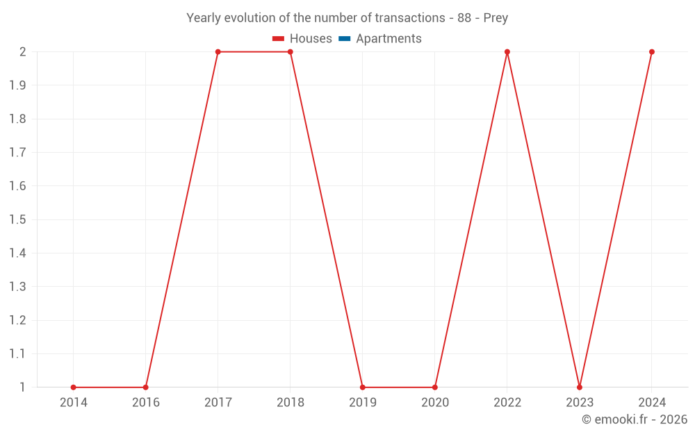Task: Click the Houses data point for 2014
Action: tap(73, 387)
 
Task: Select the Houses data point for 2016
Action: tap(145, 387)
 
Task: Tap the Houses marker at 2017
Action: tap(218, 52)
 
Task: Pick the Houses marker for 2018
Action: tap(290, 52)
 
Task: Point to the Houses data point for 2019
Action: tap(362, 387)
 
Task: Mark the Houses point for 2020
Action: tap(434, 387)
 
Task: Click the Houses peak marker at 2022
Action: tap(507, 52)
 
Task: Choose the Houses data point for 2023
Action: tap(579, 387)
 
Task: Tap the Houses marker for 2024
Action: tap(651, 52)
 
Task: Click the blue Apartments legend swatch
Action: tap(345, 39)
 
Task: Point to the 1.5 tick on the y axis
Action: tap(17, 220)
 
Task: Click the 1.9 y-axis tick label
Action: tap(17, 85)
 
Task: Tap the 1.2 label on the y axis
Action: tap(17, 321)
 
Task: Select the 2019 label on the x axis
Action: tap(362, 403)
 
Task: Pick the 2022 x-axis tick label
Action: tap(507, 403)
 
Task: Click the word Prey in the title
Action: tap(496, 18)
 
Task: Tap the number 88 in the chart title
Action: tap(464, 18)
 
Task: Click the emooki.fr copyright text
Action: tap(635, 419)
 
